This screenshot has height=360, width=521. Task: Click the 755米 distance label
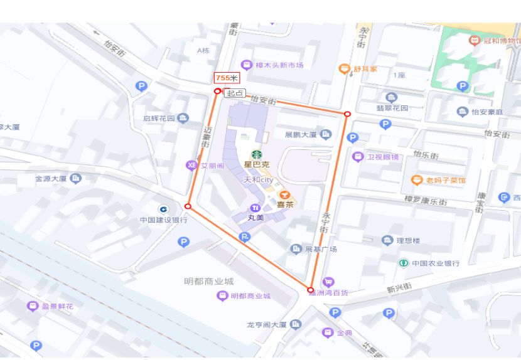[x=227, y=78]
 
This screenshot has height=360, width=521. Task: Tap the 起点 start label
[x=235, y=93]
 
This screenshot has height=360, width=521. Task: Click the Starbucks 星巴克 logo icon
[x=256, y=154]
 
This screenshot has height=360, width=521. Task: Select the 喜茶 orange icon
[x=284, y=194]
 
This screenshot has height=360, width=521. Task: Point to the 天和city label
[x=259, y=180]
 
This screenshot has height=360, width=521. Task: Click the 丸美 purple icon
[x=255, y=208]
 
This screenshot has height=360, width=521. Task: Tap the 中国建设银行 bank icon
[x=163, y=209]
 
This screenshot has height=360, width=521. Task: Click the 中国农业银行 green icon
[x=404, y=263]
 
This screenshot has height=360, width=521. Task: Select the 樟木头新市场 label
[x=280, y=65]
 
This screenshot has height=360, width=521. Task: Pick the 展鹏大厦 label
[x=301, y=134]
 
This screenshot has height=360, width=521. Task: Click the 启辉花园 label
[x=158, y=118]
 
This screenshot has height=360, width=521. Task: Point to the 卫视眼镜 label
[x=383, y=157]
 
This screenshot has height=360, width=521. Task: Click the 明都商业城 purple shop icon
[x=222, y=295]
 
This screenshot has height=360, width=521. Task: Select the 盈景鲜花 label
[x=58, y=306]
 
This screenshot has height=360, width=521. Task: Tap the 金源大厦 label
[x=51, y=179]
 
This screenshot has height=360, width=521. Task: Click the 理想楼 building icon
[x=387, y=240]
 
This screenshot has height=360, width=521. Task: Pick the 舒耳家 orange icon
[x=343, y=68]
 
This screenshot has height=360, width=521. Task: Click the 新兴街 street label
[x=399, y=289]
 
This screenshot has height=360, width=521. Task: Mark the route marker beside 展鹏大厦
[x=347, y=114]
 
